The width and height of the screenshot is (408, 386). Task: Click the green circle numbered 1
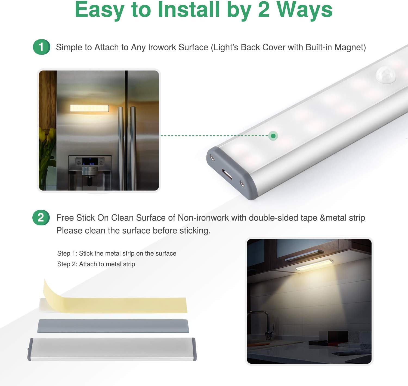click(42, 47)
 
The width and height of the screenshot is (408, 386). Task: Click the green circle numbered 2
click(41, 218)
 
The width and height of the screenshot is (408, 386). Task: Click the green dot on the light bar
click(273, 136)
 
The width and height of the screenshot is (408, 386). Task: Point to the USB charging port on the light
click(227, 174)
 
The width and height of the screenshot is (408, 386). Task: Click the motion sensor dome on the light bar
click(386, 75)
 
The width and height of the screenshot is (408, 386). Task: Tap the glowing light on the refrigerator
click(89, 108)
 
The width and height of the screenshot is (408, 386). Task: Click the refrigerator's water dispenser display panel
click(90, 161)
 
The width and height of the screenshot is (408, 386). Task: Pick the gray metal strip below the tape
click(113, 326)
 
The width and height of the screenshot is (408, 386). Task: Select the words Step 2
click(66, 264)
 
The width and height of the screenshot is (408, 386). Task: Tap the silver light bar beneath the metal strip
click(112, 350)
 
